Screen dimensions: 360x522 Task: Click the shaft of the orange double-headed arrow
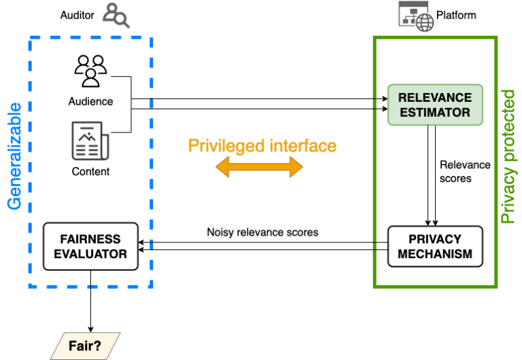[259, 167]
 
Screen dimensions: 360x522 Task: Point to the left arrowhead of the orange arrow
[222, 167]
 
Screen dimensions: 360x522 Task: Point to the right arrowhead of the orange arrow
[296, 167]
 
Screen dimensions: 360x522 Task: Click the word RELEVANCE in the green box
[435, 98]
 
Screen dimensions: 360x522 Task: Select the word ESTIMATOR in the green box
[435, 113]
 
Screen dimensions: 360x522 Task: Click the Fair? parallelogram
[85, 346]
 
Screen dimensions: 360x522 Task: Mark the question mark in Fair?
[97, 346]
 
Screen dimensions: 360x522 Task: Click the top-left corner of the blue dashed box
[30, 38]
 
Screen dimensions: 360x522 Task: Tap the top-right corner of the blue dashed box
[151, 38]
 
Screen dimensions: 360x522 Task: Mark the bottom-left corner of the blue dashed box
[30, 286]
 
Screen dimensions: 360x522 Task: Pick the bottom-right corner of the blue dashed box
[151, 286]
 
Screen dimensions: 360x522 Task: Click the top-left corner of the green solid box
[375, 37]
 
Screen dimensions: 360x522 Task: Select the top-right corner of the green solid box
[496, 37]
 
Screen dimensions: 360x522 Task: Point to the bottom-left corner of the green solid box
[375, 286]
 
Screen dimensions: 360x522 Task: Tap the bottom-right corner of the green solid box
[496, 286]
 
